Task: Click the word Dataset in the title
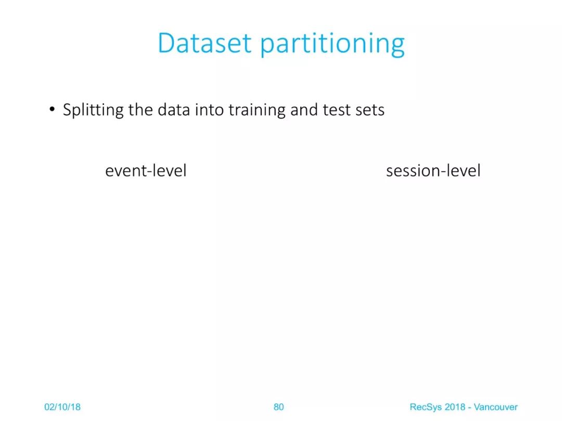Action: (205, 43)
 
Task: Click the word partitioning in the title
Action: (332, 44)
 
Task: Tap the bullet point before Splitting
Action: (53, 109)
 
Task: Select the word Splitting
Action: (93, 110)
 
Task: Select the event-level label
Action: (146, 170)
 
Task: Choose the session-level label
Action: (433, 170)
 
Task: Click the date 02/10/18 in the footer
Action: (62, 407)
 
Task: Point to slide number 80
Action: (279, 407)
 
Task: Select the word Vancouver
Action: (496, 407)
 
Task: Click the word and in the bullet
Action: (304, 110)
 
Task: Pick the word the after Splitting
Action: (141, 110)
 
